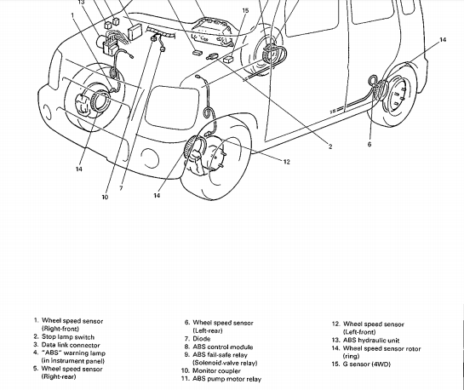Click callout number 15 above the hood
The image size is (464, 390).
coord(245,11)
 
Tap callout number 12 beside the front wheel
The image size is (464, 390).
coord(286,162)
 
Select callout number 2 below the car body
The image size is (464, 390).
coord(330,146)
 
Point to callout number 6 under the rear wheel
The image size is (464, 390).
coord(369,144)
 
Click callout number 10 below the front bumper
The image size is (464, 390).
coord(105,197)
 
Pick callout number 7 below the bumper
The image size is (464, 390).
coord(121,188)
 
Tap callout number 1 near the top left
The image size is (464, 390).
coord(72,14)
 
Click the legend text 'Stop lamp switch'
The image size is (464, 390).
coord(68,337)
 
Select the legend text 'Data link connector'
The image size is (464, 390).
coord(71,345)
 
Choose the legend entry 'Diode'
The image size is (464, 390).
coord(202,339)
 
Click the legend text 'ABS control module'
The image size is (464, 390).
coord(223,347)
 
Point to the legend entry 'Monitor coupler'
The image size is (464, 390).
coord(216,370)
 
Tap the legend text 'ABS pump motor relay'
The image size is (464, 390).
coord(227,379)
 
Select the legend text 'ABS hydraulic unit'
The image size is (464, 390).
coord(371,341)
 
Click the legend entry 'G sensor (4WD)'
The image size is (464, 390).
coord(367,364)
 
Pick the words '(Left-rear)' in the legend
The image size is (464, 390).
coord(208,331)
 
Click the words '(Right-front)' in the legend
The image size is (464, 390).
coord(60,329)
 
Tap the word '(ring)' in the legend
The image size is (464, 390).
coord(351,356)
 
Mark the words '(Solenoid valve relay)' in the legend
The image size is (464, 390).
coord(225,363)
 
